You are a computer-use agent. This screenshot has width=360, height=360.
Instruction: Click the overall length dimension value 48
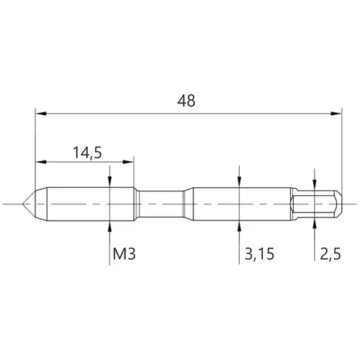tap(186, 101)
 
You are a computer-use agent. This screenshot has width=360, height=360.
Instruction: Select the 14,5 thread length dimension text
tap(87, 153)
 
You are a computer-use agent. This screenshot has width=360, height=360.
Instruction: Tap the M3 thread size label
tap(125, 254)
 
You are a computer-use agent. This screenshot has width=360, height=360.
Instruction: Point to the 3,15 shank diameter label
tap(259, 254)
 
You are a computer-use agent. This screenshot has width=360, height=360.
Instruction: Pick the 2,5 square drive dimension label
tap(330, 254)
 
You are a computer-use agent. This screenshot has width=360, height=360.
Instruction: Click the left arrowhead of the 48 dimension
tap(41, 114)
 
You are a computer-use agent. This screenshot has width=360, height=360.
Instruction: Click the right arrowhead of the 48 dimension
tap(336, 114)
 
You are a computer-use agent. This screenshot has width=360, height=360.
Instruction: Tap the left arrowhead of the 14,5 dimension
tap(41, 162)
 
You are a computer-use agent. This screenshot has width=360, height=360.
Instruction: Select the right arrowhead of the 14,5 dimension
tap(128, 162)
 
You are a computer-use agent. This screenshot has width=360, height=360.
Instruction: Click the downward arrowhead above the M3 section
tap(109, 182)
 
